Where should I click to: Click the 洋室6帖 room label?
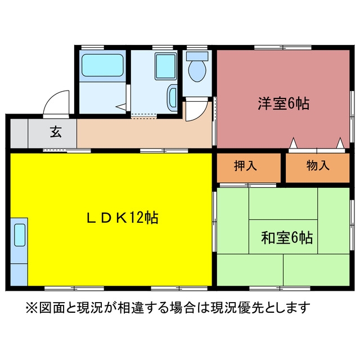coord(283,103)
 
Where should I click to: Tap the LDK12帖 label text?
coord(123,218)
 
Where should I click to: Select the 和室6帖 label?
coord(287,237)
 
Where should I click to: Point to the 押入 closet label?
coord(245,165)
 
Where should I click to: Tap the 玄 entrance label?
coord(56,132)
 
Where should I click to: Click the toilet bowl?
coord(197,71)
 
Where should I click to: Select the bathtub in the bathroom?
coord(102,65)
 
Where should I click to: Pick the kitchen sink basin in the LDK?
coord(20,235)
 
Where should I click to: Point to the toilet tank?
coord(197,56)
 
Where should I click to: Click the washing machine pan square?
coord(166,66)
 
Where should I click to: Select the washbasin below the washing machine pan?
coord(173,98)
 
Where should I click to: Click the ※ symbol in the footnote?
coord(31,308)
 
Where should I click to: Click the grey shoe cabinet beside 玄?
coord(19,133)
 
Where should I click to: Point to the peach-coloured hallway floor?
coord(144,133)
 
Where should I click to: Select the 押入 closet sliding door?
coord(248,185)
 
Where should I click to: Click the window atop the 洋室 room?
coord(283,48)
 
